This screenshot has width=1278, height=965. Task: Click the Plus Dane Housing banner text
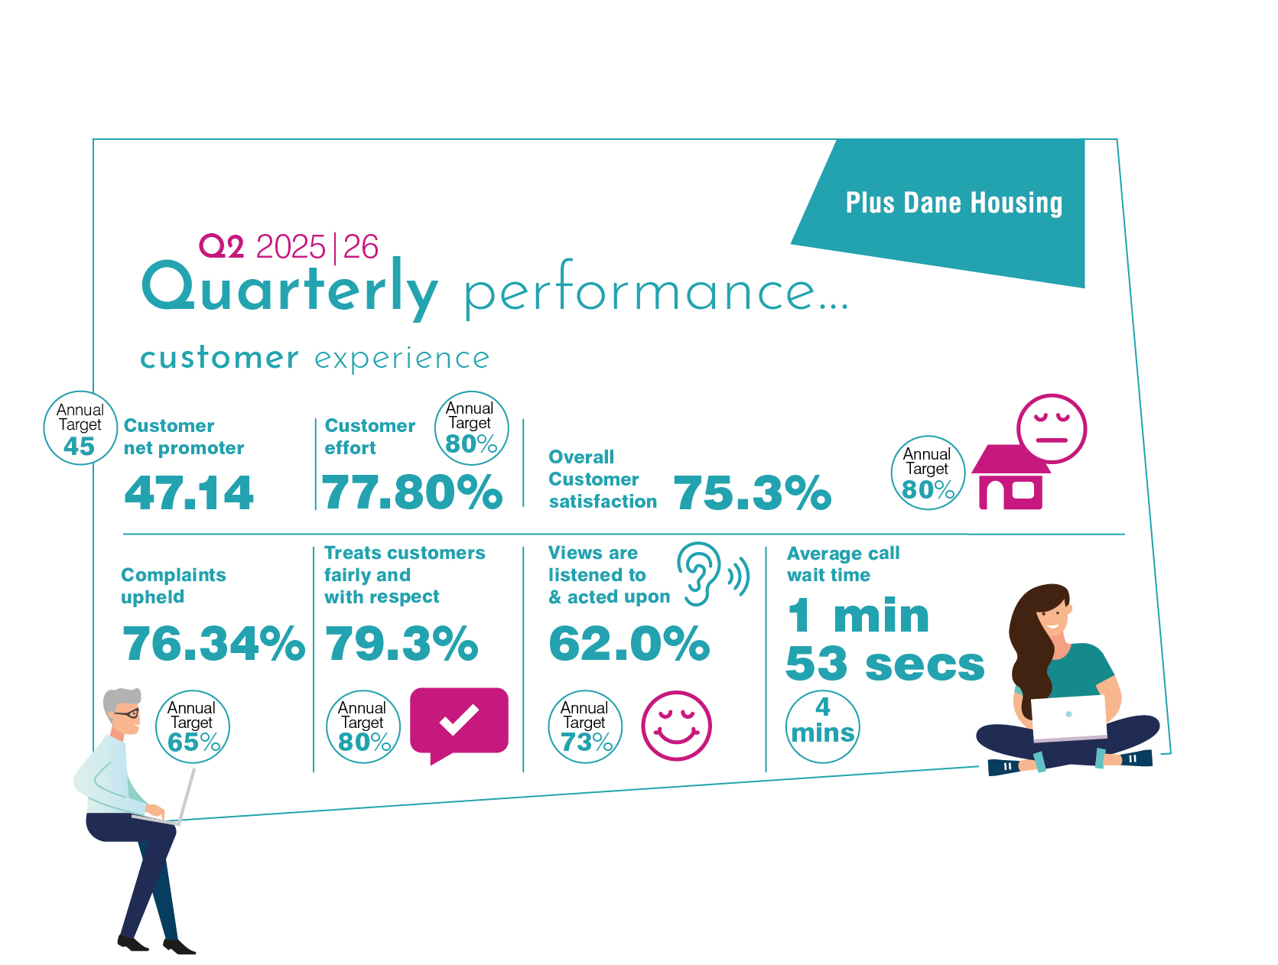pyautogui.click(x=954, y=203)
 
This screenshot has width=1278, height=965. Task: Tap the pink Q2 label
pyautogui.click(x=221, y=245)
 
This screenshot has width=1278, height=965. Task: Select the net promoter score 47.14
pyautogui.click(x=189, y=492)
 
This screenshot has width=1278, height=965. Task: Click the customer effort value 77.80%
pyautogui.click(x=411, y=492)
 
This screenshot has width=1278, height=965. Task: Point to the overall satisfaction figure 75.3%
pyautogui.click(x=752, y=492)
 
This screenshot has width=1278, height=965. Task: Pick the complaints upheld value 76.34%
pyautogui.click(x=213, y=643)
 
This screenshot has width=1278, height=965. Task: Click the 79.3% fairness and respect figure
pyautogui.click(x=402, y=643)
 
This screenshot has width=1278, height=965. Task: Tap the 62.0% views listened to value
pyautogui.click(x=629, y=643)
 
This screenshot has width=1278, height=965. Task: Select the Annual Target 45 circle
pyautogui.click(x=80, y=427)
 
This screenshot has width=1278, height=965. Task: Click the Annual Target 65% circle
pyautogui.click(x=192, y=726)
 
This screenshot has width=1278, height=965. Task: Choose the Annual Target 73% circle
pyautogui.click(x=585, y=726)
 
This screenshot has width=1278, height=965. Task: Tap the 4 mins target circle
pyautogui.click(x=822, y=726)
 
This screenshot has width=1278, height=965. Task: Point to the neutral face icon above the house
pyautogui.click(x=1051, y=428)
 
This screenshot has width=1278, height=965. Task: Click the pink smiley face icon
pyautogui.click(x=676, y=725)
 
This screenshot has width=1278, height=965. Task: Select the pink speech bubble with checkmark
pyautogui.click(x=459, y=723)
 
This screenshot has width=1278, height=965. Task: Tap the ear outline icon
pyautogui.click(x=698, y=574)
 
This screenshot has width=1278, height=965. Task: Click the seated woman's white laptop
pyautogui.click(x=1068, y=717)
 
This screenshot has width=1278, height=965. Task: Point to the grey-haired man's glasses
pyautogui.click(x=126, y=713)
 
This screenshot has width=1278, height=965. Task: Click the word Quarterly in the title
pyautogui.click(x=289, y=288)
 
